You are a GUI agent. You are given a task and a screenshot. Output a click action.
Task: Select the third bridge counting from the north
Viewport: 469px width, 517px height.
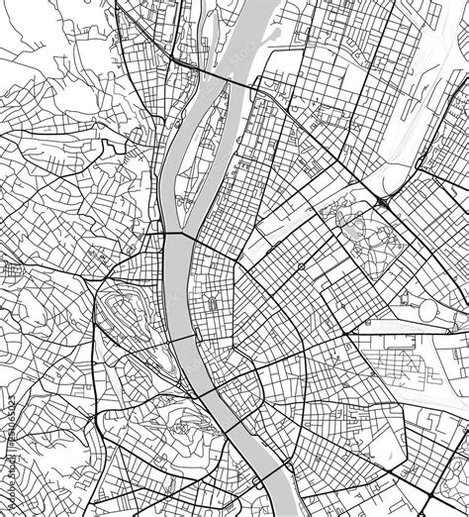(x=182, y=340)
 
